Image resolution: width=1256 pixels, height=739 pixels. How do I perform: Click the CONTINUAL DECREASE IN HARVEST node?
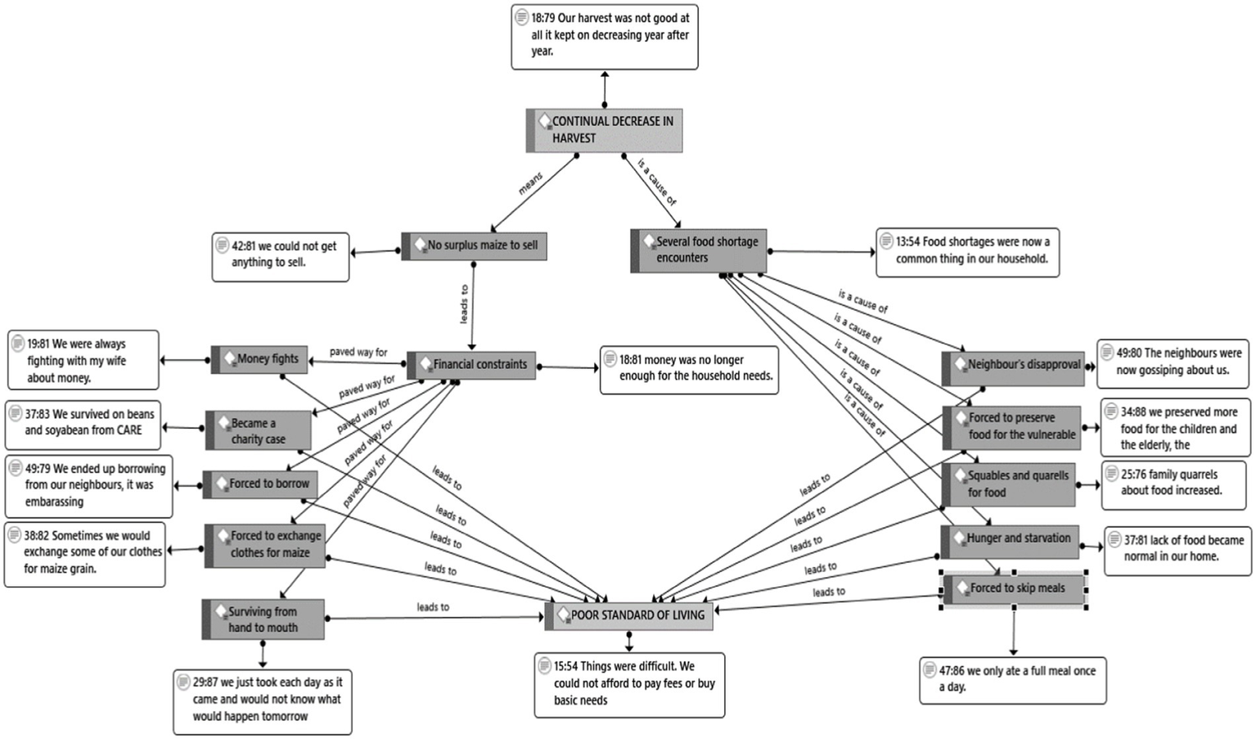click(604, 130)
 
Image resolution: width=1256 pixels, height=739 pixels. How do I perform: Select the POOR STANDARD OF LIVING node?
click(629, 615)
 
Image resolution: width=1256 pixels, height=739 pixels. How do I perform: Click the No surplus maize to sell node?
click(475, 246)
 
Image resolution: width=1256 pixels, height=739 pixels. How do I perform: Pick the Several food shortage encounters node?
click(699, 250)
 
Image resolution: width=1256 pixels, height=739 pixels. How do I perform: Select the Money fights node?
click(260, 359)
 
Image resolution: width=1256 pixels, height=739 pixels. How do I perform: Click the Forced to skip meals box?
click(1015, 588)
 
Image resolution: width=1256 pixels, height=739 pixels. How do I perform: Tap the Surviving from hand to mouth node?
click(263, 620)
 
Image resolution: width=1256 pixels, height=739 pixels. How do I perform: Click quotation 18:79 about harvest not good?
click(605, 35)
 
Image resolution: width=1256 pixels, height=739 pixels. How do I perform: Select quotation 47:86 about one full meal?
click(1013, 679)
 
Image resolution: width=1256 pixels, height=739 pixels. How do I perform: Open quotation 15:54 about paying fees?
click(629, 684)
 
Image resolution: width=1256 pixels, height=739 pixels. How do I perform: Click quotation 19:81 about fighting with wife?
click(83, 361)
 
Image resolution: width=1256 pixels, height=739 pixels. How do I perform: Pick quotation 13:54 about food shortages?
click(967, 251)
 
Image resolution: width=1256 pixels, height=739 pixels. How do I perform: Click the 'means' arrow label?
click(530, 183)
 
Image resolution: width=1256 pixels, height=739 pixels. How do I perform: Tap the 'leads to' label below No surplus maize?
click(464, 304)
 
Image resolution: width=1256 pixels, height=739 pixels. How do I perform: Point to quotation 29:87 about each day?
click(263, 700)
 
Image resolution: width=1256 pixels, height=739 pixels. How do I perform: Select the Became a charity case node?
click(258, 431)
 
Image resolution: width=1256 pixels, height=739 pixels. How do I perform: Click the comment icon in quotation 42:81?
click(222, 245)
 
